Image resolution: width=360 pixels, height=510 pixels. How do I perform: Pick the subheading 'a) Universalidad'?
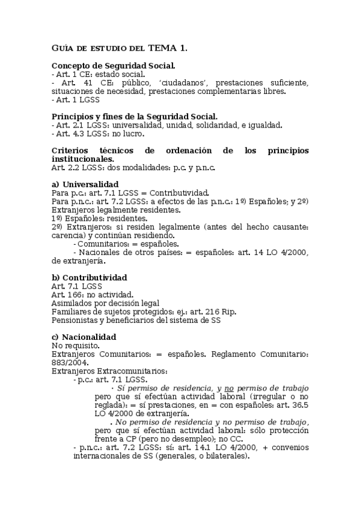85,183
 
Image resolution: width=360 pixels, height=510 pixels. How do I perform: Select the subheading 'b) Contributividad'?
89,277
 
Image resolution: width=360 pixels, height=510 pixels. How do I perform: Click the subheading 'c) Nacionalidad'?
84,337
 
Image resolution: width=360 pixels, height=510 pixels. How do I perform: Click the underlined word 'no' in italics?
230,388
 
